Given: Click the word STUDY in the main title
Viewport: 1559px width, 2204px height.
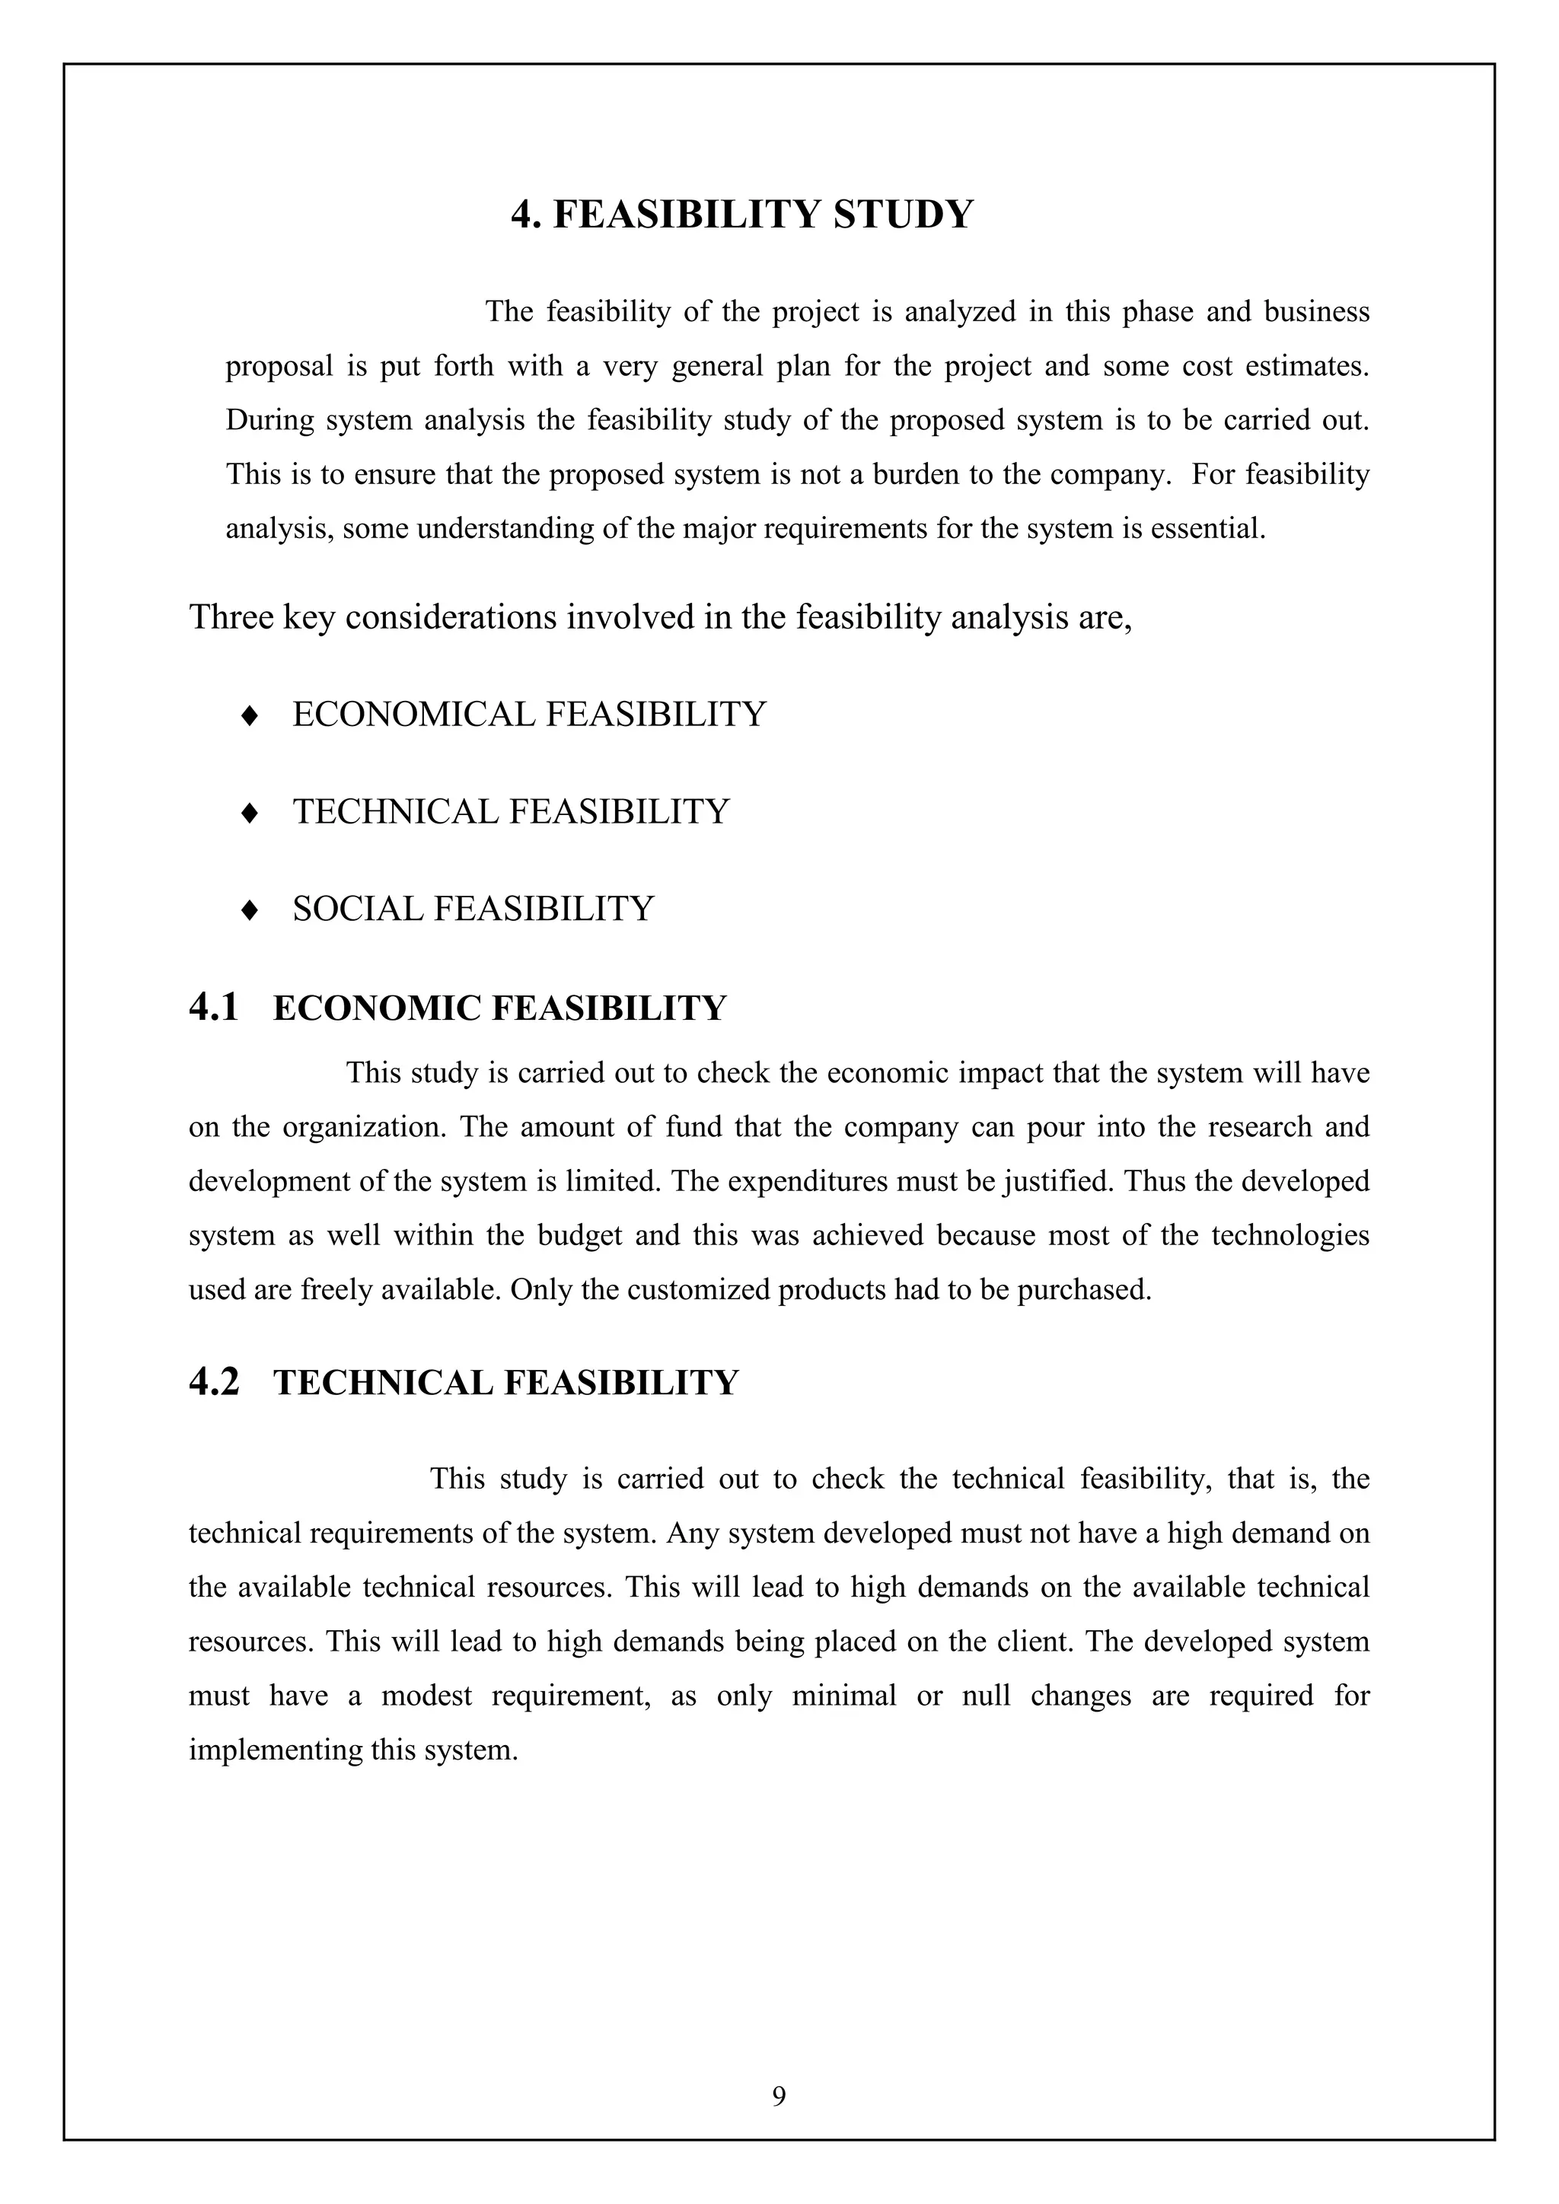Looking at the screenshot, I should click(x=904, y=213).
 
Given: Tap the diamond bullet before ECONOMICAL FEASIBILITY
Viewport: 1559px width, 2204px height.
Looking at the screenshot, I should click(x=250, y=716).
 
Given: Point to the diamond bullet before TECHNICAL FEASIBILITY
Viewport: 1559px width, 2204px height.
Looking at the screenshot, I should click(x=250, y=813).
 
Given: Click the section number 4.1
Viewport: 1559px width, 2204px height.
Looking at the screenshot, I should click(x=213, y=1008).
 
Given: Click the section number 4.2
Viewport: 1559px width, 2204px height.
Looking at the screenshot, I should click(x=213, y=1382).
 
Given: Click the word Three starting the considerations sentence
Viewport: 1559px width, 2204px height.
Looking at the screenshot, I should click(x=231, y=617).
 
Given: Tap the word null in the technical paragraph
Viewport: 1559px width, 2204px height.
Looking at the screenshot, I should click(x=986, y=1696).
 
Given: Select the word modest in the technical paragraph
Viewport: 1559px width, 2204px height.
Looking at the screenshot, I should click(x=426, y=1696).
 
